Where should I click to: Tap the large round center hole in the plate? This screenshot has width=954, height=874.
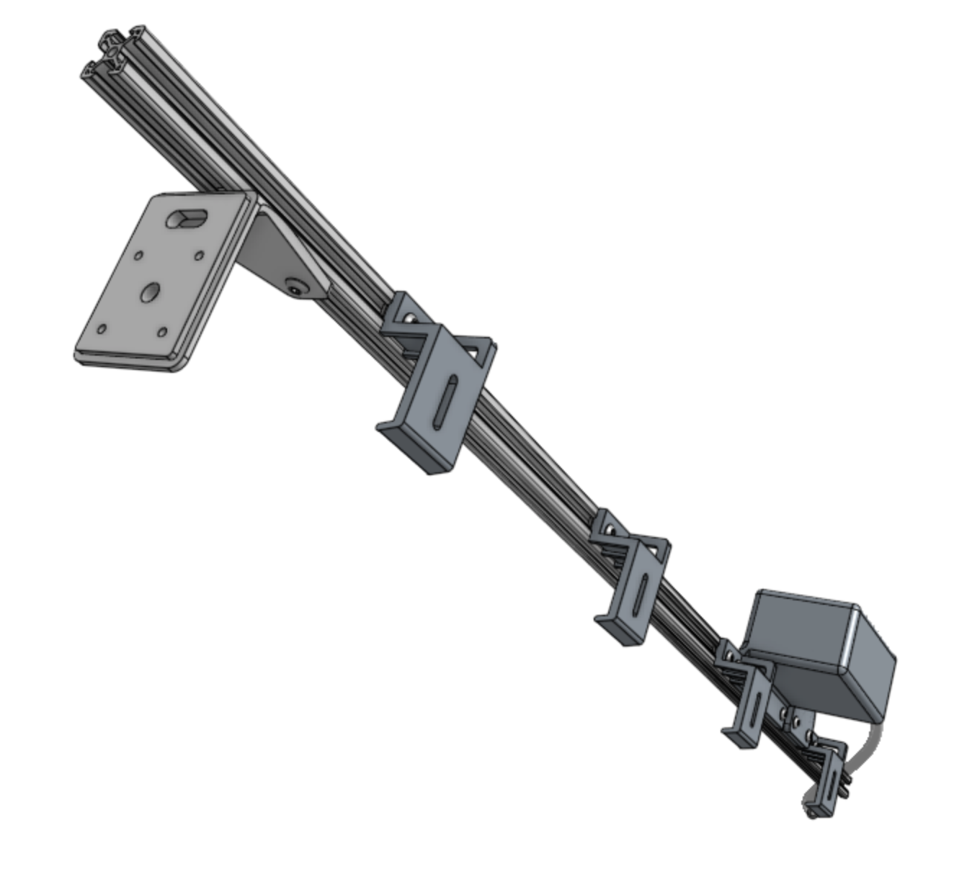[150, 292]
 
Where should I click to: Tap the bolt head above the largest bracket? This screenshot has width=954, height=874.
[409, 317]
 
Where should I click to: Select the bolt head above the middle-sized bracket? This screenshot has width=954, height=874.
[611, 531]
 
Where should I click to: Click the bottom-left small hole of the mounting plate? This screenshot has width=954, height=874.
[102, 329]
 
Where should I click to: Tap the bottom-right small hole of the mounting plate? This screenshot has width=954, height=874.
[161, 332]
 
